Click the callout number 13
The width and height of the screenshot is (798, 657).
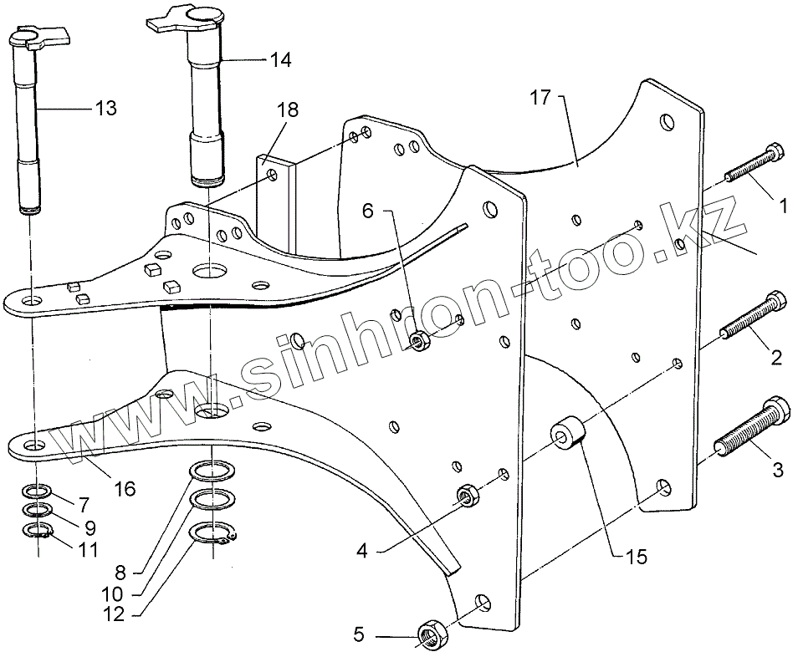point(105,109)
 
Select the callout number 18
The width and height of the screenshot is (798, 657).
point(288,109)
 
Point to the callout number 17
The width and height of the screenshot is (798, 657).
point(540,98)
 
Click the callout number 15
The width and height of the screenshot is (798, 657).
point(636,557)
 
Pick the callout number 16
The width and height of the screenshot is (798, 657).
point(125,488)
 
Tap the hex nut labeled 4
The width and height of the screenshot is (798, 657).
point(467,497)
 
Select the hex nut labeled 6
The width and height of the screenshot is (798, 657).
point(421,340)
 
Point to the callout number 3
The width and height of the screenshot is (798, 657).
point(777,471)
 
